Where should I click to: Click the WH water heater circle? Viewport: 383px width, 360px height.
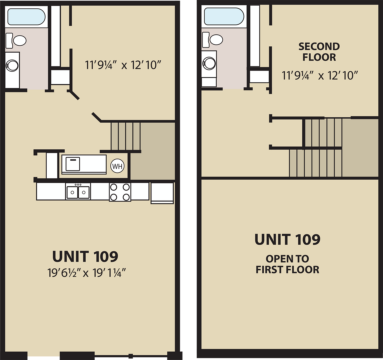117,166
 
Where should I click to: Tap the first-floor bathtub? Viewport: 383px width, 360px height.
26,17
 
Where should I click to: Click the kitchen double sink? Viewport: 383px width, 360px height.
78,192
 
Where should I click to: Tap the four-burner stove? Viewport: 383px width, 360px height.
120,192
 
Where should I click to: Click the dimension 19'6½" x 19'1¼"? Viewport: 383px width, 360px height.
86,273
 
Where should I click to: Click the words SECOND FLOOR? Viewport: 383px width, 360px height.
319,52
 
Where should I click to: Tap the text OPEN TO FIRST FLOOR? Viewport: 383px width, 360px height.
287,264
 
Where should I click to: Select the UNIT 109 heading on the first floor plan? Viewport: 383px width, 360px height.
85,256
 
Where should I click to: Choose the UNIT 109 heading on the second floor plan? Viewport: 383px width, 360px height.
287,239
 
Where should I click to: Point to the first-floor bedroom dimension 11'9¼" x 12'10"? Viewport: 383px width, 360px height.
123,65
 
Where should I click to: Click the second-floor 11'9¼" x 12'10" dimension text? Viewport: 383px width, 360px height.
320,75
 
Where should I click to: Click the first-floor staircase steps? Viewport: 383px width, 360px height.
126,136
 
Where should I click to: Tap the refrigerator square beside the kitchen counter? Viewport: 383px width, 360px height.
162,192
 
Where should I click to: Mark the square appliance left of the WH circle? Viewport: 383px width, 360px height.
73,164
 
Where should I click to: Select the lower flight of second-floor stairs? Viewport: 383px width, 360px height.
315,163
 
